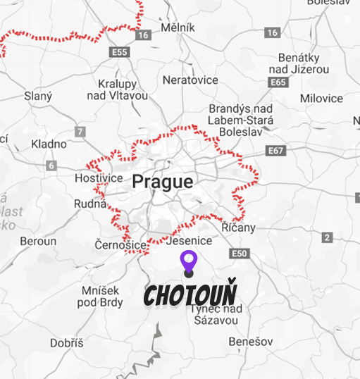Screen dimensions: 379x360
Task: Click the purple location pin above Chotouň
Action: point(188,261)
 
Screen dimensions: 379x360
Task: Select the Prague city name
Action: point(162,182)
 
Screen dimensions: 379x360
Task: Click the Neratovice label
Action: point(190,80)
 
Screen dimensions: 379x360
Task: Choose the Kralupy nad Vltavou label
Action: point(117,89)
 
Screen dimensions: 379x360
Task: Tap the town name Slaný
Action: point(37,95)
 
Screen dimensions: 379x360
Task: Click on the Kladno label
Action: point(49,144)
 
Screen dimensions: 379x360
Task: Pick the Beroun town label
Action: point(38,241)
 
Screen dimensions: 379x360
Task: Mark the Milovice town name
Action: point(321,99)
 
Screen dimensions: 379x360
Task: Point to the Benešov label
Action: point(248,342)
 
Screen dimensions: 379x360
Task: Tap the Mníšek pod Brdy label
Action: point(102,297)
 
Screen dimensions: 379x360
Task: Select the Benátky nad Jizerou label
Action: point(304,63)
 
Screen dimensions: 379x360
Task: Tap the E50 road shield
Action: point(240,254)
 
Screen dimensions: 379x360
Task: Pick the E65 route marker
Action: point(278,82)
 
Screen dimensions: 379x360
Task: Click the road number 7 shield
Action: point(80,131)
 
